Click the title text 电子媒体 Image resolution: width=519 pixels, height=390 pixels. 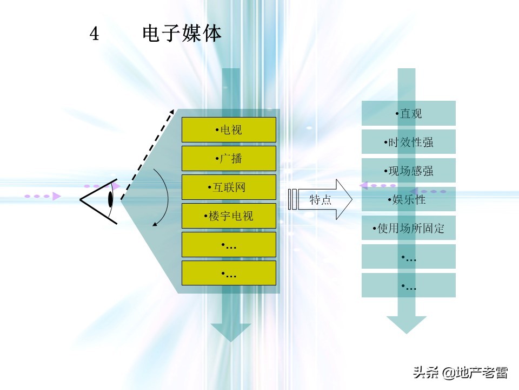click(x=182, y=34)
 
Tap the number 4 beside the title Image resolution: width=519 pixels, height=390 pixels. click(x=95, y=34)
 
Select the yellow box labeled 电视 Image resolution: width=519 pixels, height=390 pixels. click(x=229, y=130)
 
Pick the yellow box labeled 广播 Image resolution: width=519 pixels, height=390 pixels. click(x=229, y=159)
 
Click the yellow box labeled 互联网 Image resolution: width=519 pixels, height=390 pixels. click(x=229, y=187)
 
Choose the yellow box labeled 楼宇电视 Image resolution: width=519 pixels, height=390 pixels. click(x=229, y=216)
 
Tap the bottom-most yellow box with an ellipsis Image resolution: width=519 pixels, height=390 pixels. click(x=229, y=273)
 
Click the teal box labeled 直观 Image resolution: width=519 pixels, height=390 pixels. click(x=409, y=113)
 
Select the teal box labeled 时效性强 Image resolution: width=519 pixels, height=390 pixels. click(x=409, y=142)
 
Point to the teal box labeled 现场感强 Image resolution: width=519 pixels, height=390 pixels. click(x=409, y=171)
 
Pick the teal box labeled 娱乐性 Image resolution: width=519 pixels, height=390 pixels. click(x=409, y=199)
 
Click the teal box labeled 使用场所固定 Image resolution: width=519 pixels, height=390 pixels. click(x=409, y=228)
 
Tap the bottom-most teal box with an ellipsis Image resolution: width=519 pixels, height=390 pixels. click(x=409, y=285)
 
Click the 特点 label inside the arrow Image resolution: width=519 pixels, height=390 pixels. click(x=321, y=199)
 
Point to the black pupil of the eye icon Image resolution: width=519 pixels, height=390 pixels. click(x=110, y=199)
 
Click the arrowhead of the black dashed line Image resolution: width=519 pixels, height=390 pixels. click(x=171, y=113)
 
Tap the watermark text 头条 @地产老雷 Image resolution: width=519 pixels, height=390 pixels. click(x=460, y=373)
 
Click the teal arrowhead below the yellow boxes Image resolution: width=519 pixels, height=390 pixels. click(x=230, y=332)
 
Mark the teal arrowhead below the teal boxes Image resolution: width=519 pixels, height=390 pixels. click(x=407, y=324)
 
